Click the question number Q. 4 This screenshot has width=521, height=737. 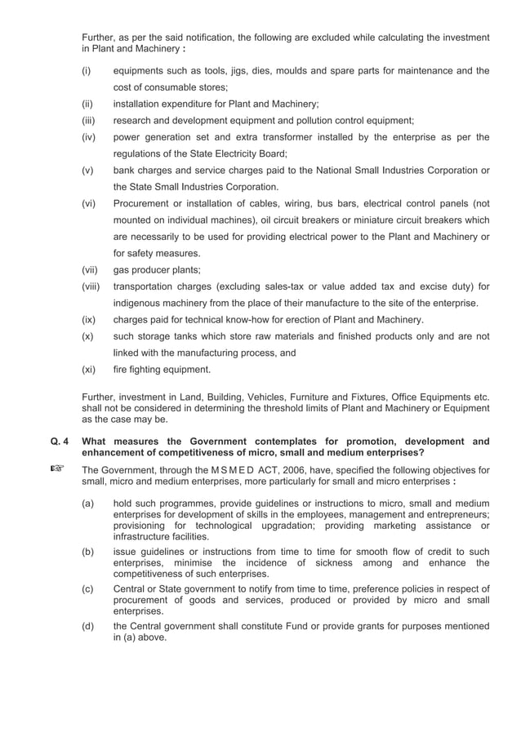(x=59, y=442)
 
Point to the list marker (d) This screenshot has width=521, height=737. (x=88, y=627)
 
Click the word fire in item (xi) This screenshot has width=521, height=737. (x=121, y=369)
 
